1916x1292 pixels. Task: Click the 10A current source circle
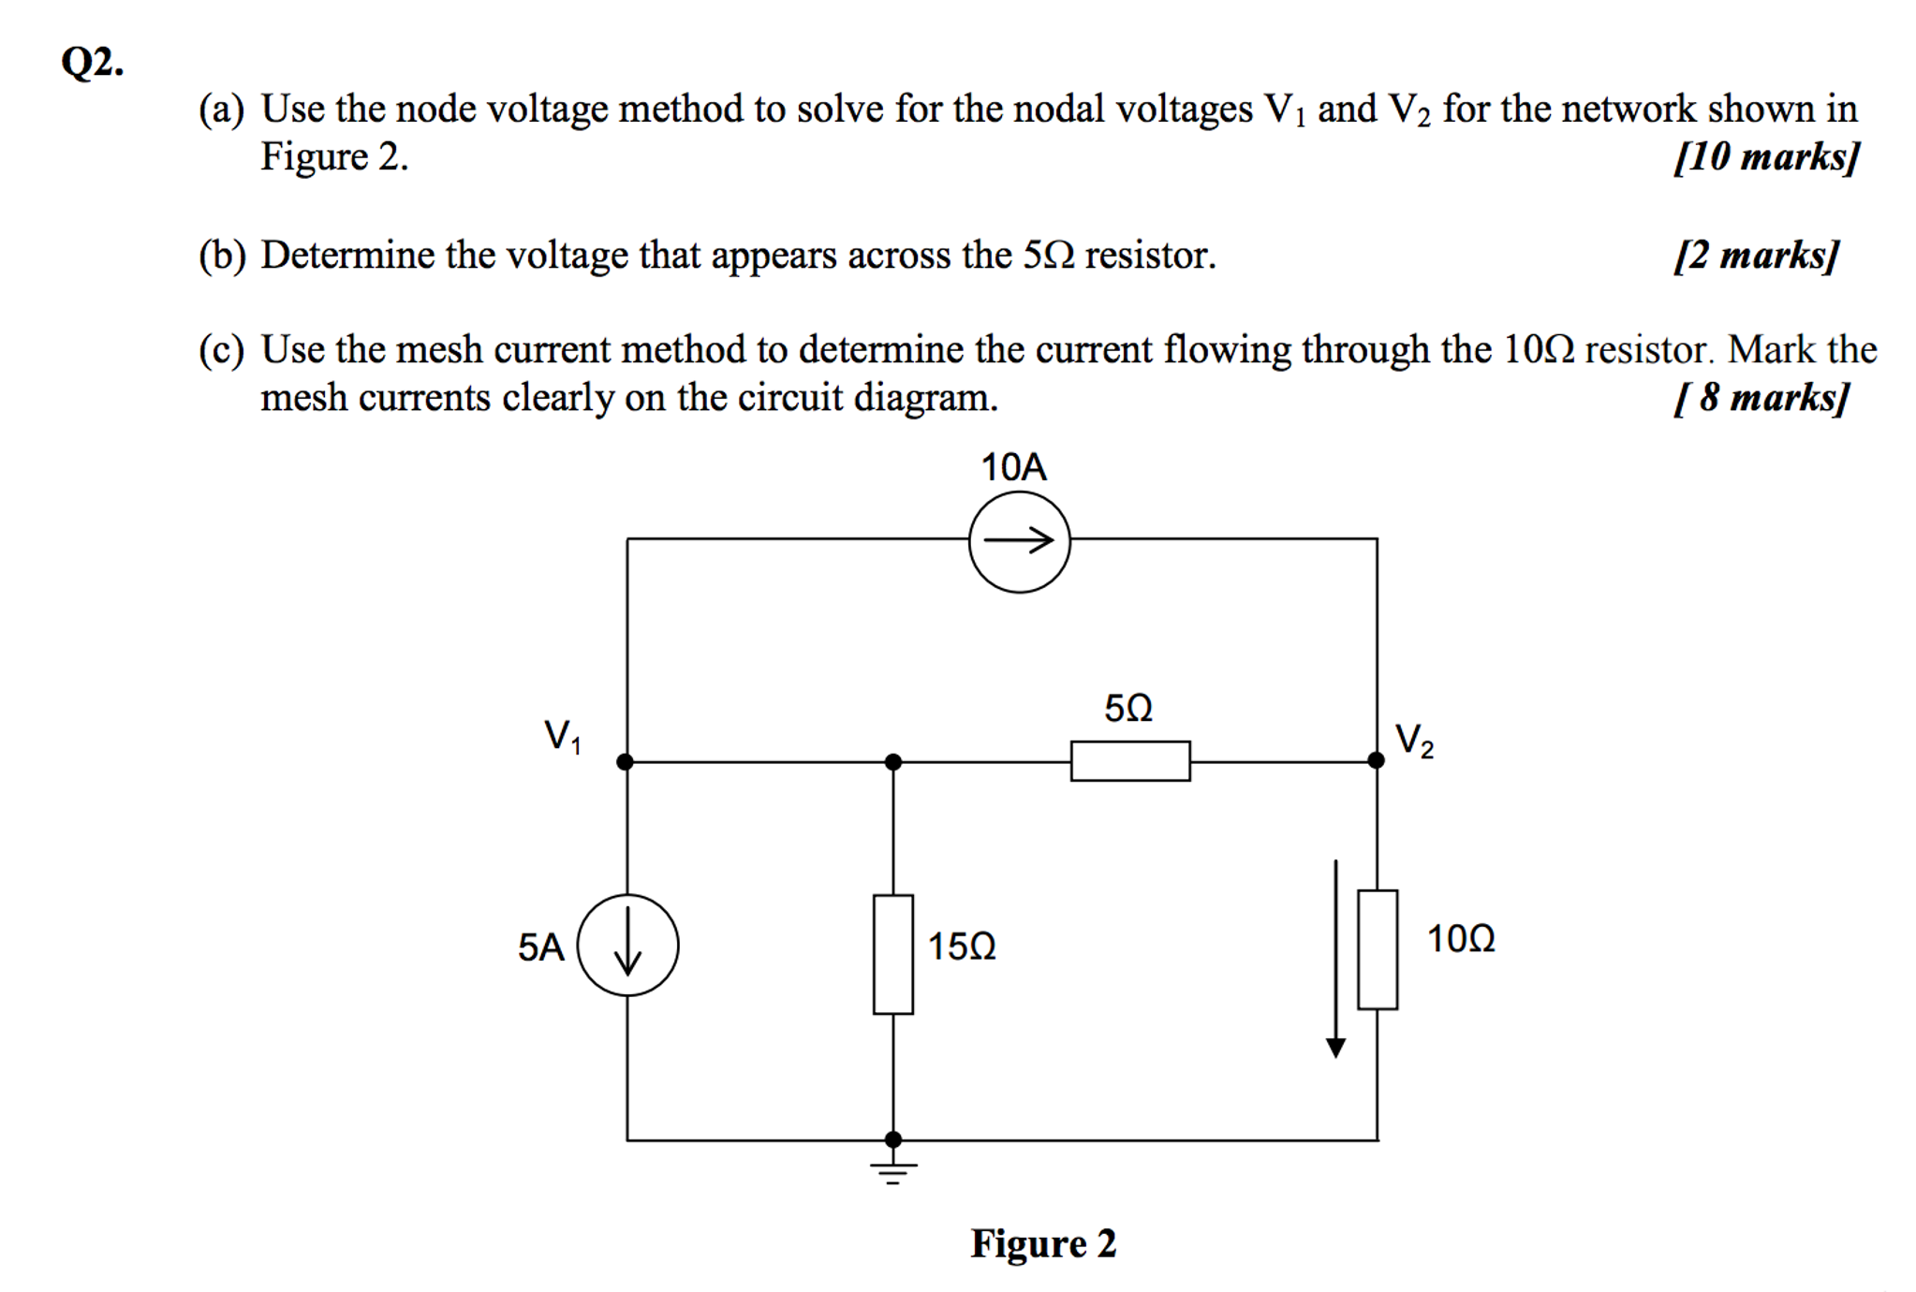tap(1019, 542)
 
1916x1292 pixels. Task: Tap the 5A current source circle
tap(627, 945)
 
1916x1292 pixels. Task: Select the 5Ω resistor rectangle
tap(1130, 760)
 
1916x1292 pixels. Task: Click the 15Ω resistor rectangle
tap(892, 954)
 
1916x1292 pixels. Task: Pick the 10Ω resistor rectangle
tap(1377, 949)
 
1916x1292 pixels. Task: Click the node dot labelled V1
tap(626, 761)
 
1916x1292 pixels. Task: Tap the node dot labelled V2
tap(1376, 760)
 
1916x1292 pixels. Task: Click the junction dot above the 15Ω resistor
tap(892, 761)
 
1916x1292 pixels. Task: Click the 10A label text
tap(1013, 467)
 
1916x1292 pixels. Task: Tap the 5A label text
tap(540, 947)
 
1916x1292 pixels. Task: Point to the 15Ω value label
tap(962, 947)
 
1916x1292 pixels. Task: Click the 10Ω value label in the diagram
tap(1460, 938)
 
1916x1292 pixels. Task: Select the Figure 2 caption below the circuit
tap(1043, 1243)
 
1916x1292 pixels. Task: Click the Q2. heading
tap(92, 63)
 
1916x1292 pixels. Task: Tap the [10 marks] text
tap(1765, 156)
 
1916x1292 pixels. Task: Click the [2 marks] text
tap(1756, 255)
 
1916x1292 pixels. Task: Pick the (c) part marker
tap(221, 350)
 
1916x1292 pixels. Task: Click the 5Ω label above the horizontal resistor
tap(1127, 708)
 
